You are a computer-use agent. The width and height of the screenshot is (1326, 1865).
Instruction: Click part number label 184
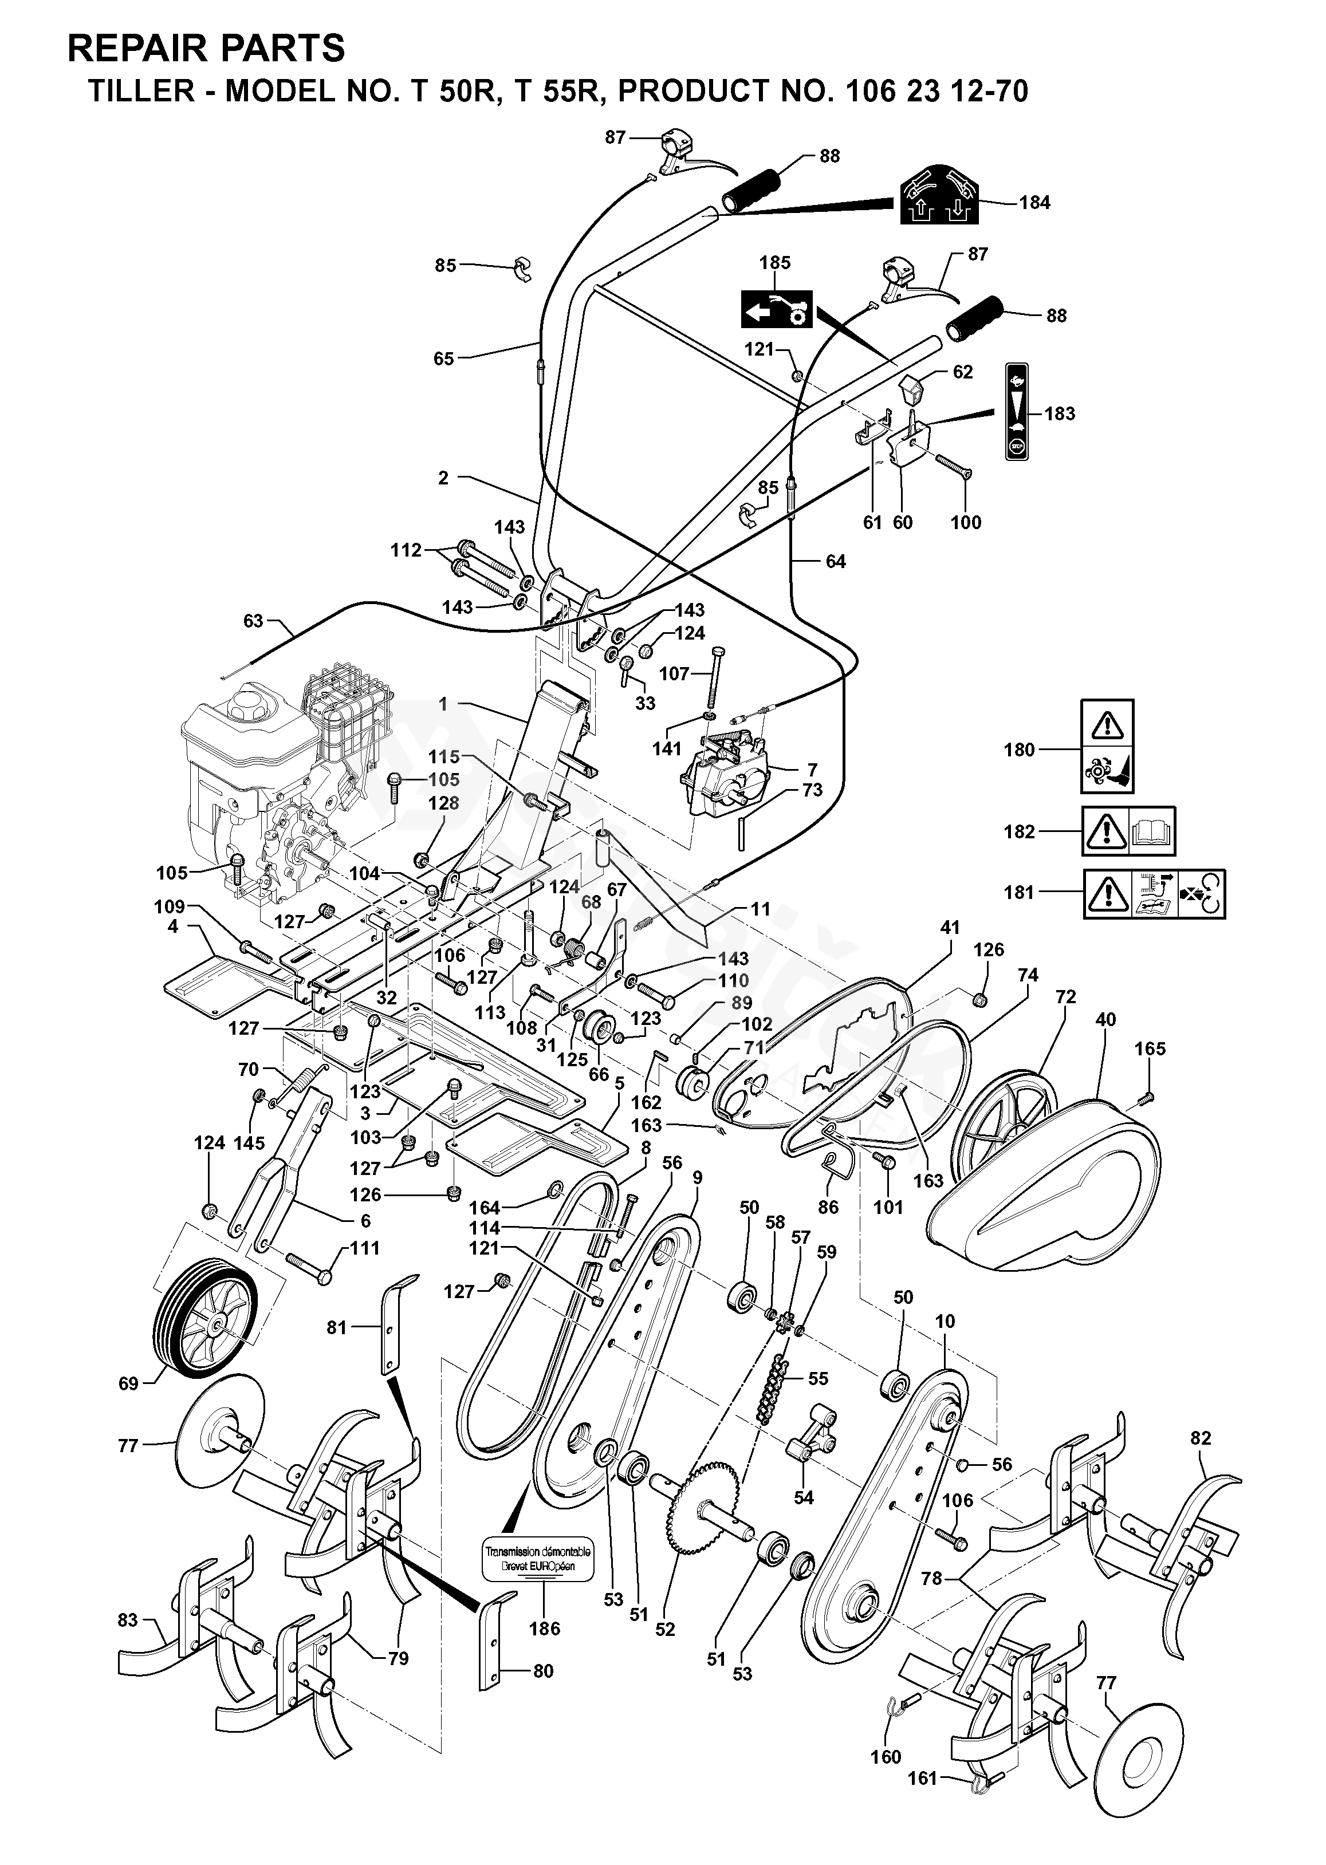tap(1034, 202)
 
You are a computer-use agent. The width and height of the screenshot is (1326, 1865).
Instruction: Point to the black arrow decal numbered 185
tap(776, 309)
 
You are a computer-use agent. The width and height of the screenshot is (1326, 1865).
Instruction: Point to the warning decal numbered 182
tap(1128, 831)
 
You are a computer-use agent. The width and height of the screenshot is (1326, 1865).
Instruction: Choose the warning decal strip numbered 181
tap(1155, 894)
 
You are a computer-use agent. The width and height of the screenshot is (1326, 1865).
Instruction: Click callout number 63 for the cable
tap(253, 621)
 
